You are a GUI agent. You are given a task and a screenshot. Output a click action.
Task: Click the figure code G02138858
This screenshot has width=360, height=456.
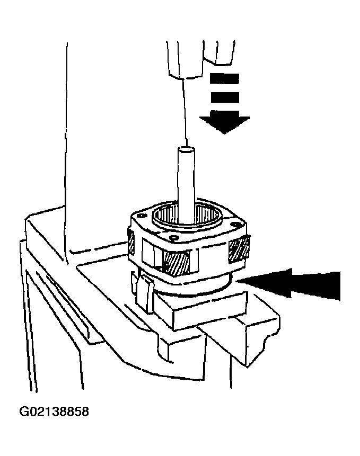(x=54, y=412)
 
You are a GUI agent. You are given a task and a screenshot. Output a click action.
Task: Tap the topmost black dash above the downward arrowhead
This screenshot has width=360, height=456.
(x=225, y=78)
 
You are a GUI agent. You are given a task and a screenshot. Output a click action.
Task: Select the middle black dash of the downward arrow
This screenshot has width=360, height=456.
(x=225, y=97)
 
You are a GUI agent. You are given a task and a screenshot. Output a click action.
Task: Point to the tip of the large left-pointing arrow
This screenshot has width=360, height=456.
(x=236, y=281)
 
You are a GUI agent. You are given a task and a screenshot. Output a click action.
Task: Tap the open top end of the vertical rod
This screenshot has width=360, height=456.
(x=186, y=150)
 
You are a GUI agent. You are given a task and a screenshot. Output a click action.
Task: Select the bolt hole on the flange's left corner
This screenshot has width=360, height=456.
(x=142, y=216)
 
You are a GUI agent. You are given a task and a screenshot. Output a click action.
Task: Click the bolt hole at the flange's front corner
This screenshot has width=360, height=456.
(x=174, y=238)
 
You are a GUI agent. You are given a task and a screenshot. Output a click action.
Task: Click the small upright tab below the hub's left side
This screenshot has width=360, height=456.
(x=145, y=294)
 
